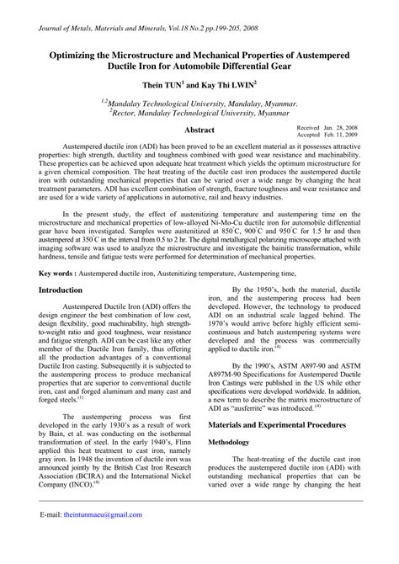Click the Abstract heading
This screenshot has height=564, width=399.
(199, 130)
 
